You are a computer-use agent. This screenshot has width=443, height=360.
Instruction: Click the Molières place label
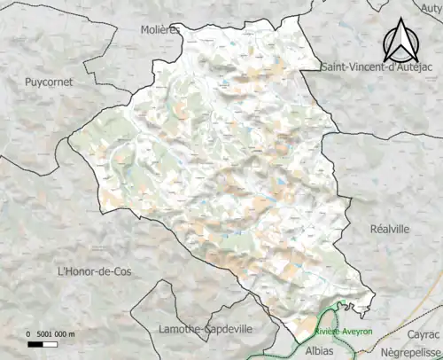click(159, 29)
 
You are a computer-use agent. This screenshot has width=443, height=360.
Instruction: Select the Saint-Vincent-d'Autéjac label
click(381, 67)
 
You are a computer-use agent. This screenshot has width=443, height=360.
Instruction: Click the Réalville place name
click(389, 228)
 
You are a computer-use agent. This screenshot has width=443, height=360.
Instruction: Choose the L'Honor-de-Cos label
click(93, 271)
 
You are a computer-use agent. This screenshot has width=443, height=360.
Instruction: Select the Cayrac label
click(423, 333)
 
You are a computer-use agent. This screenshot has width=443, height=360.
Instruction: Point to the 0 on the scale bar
click(28, 334)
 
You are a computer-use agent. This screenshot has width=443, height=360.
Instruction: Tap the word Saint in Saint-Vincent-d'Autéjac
click(337, 67)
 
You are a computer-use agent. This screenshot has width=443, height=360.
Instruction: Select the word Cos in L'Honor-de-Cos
click(120, 271)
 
